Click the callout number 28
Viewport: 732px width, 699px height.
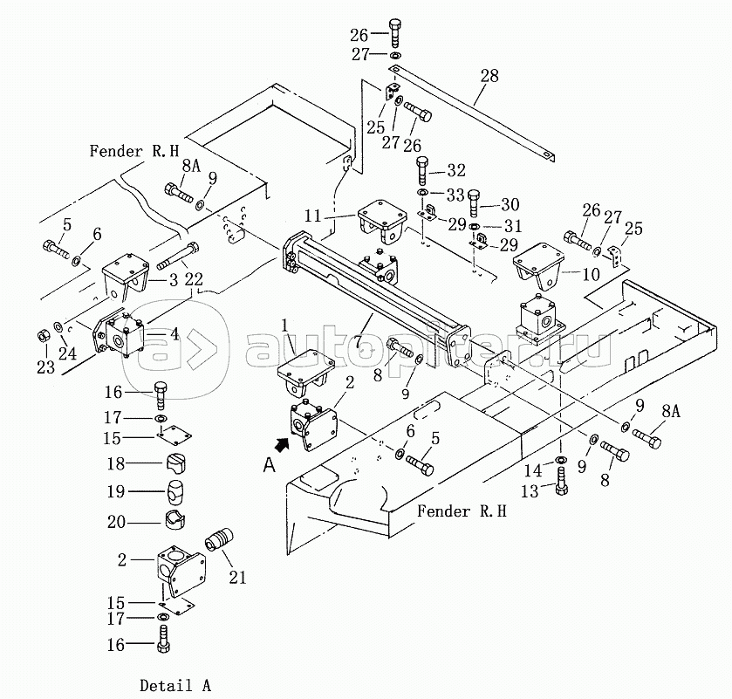click(x=489, y=76)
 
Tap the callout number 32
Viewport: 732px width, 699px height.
click(x=456, y=170)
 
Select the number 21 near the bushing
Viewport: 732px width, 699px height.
click(x=237, y=578)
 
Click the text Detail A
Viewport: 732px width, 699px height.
click(x=175, y=686)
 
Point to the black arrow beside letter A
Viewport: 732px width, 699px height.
click(x=282, y=443)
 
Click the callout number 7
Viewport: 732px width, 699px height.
click(x=358, y=341)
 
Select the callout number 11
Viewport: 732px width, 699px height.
click(x=313, y=216)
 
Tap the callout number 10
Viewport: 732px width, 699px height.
click(x=591, y=274)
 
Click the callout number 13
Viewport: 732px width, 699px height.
click(x=530, y=490)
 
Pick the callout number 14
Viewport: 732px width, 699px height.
click(x=533, y=470)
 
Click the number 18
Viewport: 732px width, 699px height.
click(x=116, y=463)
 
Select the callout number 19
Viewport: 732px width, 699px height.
click(x=116, y=491)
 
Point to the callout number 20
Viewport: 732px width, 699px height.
click(x=116, y=522)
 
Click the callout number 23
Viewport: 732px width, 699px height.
click(x=45, y=367)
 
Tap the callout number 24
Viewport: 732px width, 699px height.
click(x=67, y=353)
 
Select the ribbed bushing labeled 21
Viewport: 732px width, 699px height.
click(x=219, y=540)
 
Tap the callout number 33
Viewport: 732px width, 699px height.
click(x=455, y=195)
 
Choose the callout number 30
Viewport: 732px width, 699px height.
click(x=510, y=204)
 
